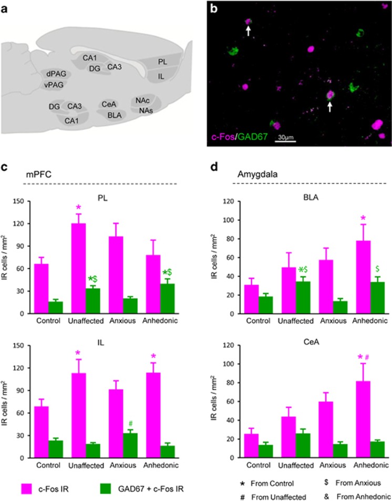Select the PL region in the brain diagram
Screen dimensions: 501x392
(164, 62)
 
